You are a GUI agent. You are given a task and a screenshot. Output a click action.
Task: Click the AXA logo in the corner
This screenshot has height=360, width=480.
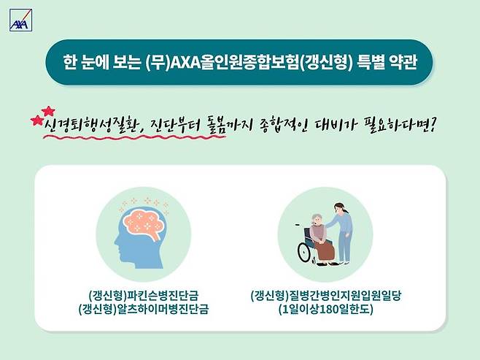point(18,23)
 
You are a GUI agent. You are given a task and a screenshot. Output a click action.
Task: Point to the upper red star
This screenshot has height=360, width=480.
point(49,111)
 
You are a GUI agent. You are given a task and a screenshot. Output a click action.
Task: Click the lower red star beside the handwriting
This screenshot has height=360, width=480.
point(36,121)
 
